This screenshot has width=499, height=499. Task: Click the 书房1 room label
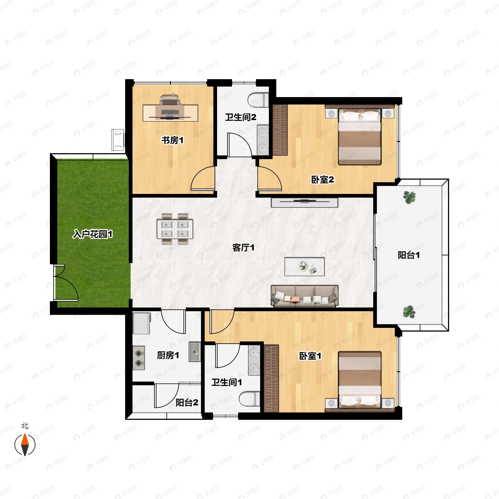(173, 140)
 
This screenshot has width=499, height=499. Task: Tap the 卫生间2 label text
(241, 117)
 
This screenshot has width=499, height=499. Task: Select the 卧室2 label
(322, 179)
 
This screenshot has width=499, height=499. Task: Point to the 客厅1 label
(243, 248)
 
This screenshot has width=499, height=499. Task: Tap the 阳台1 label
(409, 255)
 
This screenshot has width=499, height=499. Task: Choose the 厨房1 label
(168, 355)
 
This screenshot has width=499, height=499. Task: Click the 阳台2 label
(187, 402)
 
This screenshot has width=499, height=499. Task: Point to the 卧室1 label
(310, 356)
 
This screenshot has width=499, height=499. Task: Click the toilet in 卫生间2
(258, 100)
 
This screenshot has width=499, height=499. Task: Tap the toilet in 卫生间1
(249, 399)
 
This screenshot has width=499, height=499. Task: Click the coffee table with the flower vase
(305, 267)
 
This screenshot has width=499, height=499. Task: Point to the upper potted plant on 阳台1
(409, 197)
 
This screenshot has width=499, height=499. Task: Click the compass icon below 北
(25, 445)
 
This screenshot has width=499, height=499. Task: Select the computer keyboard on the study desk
(170, 112)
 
